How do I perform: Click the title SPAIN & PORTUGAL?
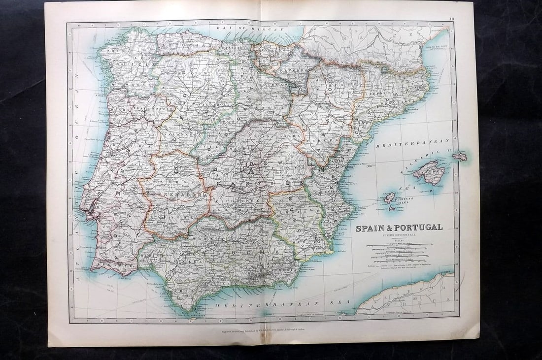(399, 228)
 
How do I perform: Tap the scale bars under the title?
(399, 254)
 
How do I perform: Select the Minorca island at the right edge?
(460, 157)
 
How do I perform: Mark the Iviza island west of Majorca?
(390, 197)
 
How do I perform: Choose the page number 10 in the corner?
(452, 19)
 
